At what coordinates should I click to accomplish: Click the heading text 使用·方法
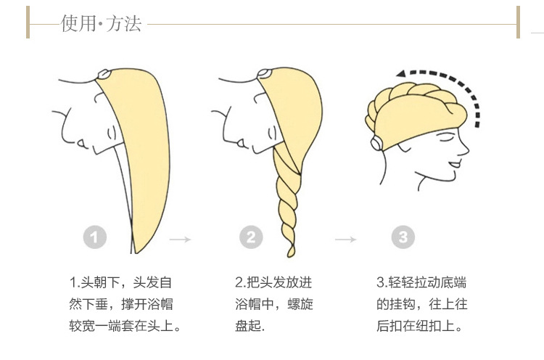click(x=101, y=24)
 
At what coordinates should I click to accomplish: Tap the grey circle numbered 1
click(x=95, y=237)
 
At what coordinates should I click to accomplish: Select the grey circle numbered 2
click(x=251, y=237)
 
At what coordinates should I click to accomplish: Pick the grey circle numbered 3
click(x=403, y=237)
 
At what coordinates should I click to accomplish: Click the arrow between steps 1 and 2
click(x=180, y=240)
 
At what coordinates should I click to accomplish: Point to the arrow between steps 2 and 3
click(x=345, y=240)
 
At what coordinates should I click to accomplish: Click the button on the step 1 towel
click(x=104, y=74)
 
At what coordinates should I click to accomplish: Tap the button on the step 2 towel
click(x=264, y=73)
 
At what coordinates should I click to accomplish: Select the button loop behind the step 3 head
click(x=376, y=143)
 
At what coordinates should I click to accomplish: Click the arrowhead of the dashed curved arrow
click(x=401, y=73)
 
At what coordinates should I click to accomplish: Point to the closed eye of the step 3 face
click(x=447, y=139)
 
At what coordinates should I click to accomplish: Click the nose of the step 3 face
click(x=465, y=150)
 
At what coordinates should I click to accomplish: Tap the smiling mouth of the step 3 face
click(x=455, y=164)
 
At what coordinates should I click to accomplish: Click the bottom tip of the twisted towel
click(x=290, y=255)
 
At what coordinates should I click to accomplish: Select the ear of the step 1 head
click(x=112, y=133)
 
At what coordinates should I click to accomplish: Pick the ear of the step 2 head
click(x=272, y=133)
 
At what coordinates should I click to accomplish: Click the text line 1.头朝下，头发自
click(x=120, y=282)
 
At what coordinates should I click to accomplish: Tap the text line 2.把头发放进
click(x=273, y=282)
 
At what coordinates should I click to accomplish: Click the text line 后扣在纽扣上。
click(x=419, y=326)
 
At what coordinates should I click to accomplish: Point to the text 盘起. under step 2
click(x=250, y=326)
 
